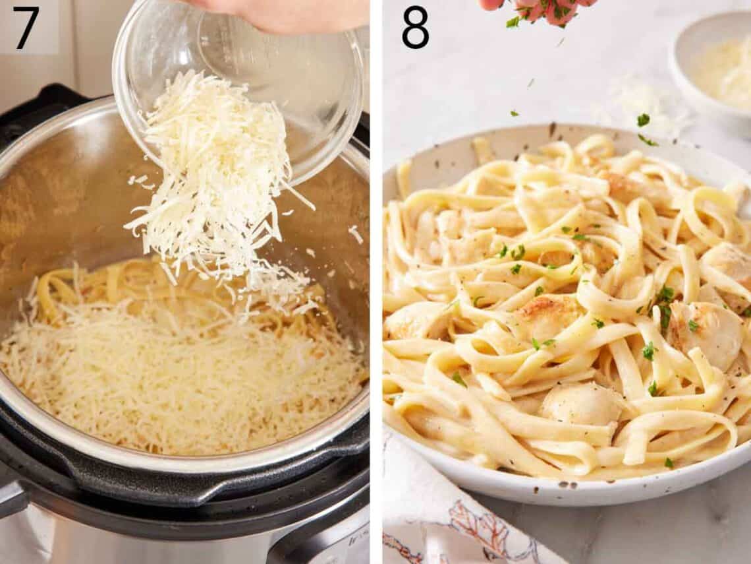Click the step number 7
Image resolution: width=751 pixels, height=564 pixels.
26,27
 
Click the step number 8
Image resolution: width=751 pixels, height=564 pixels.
414,27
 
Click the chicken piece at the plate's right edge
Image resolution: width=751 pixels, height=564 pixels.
708,333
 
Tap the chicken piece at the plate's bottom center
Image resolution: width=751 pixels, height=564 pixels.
580,402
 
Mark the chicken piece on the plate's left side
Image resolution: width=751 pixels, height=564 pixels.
418,320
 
